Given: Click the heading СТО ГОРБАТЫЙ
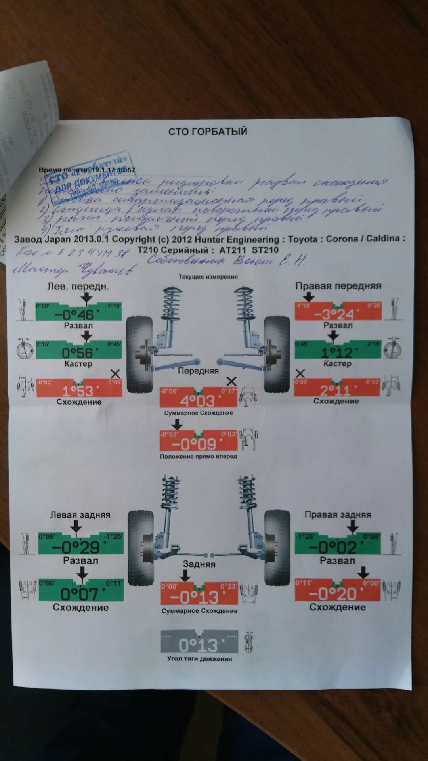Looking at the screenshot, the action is (x=208, y=132).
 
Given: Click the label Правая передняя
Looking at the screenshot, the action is (x=338, y=286).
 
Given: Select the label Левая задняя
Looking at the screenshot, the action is (x=80, y=515).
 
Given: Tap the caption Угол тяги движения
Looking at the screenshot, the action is (x=199, y=659).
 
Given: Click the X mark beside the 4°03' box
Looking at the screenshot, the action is (x=231, y=381).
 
